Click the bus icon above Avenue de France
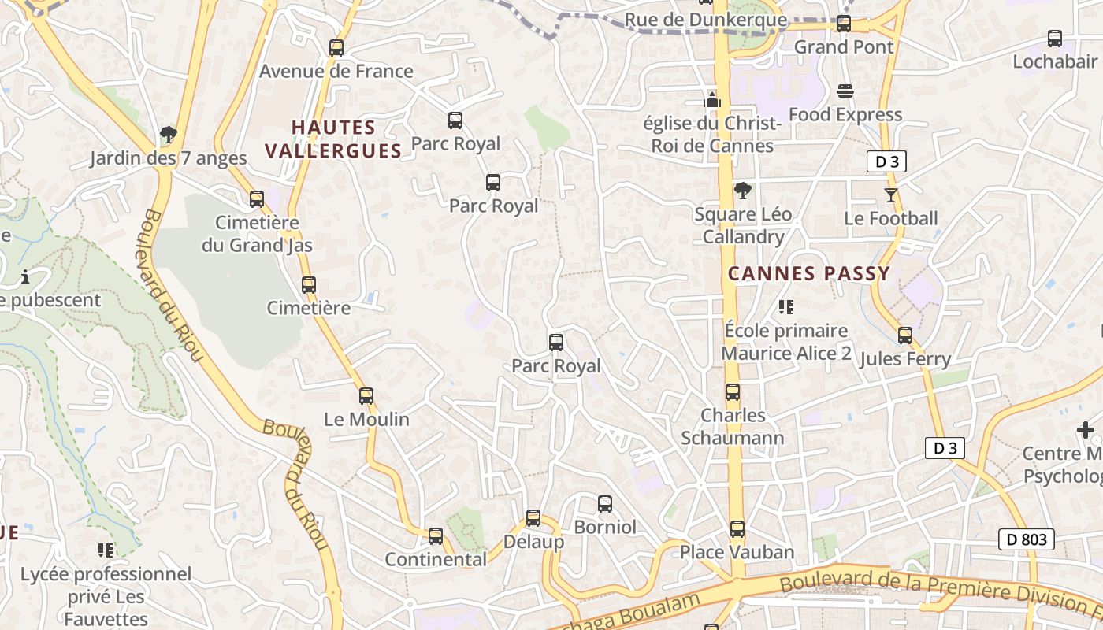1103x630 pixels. coord(336,47)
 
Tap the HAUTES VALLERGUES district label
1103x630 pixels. coord(333,139)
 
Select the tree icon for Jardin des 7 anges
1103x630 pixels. coord(168,135)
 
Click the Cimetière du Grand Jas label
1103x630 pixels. coord(257,234)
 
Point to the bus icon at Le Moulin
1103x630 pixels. coord(366,396)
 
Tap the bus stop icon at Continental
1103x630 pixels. coord(436,536)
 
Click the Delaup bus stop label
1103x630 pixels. coord(533,542)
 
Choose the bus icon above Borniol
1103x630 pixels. coord(605,503)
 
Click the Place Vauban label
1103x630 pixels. coord(737,552)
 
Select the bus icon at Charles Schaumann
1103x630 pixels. coord(733,391)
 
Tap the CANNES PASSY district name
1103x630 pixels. coord(808,274)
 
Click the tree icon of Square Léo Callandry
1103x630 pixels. coord(742,190)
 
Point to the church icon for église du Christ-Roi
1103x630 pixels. coord(712,100)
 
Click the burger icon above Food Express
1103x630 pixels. coord(845,91)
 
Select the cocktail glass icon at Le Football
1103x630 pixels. coord(891,195)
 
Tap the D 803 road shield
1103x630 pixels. coord(1027,539)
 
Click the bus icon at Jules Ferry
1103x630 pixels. coord(905,335)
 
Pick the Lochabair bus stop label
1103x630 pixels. coord(1055,61)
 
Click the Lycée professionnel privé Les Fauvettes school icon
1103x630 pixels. coord(106,550)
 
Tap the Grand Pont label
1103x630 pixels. coord(844,46)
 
